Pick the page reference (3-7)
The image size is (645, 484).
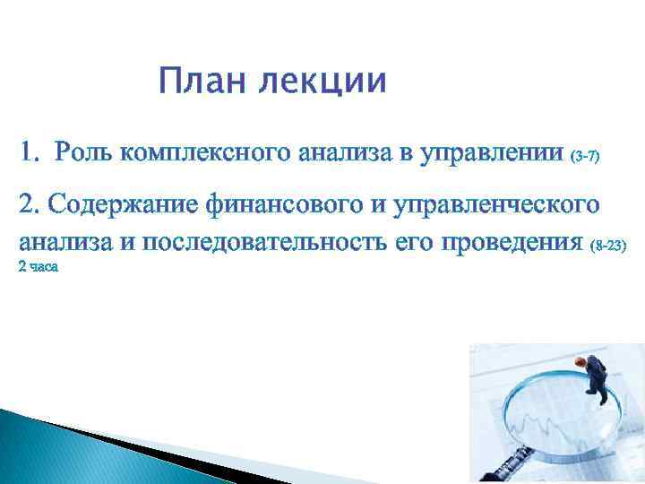coord(583,156)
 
